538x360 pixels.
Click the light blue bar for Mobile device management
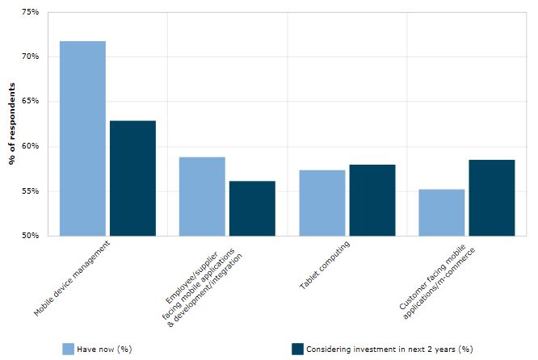(x=82, y=138)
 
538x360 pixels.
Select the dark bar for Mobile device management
(x=132, y=178)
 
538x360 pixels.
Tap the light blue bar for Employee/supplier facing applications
(x=202, y=196)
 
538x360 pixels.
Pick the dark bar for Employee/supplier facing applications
(x=252, y=208)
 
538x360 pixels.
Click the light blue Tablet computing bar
(x=322, y=203)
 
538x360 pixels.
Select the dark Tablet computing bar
(x=372, y=200)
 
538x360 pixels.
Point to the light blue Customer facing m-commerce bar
(x=441, y=212)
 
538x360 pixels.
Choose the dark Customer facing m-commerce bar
(x=491, y=198)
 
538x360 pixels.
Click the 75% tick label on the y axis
(x=30, y=12)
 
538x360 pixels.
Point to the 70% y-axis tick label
(x=30, y=57)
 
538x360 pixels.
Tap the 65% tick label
(x=30, y=102)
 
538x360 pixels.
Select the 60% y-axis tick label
(x=30, y=146)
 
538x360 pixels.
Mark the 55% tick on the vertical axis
(x=30, y=191)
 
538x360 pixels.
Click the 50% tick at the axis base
(x=30, y=236)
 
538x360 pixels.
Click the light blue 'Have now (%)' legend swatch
(x=69, y=349)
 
